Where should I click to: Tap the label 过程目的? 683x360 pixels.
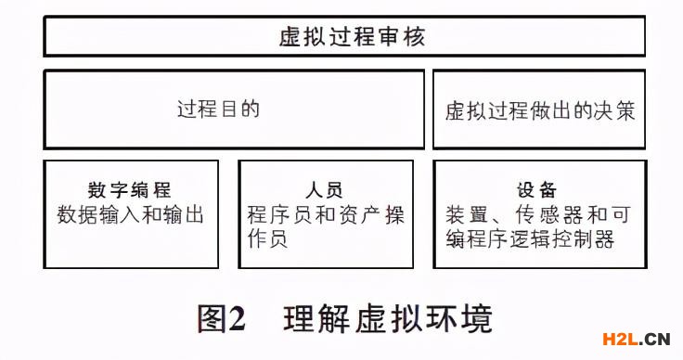219,109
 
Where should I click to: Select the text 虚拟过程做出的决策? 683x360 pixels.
540,110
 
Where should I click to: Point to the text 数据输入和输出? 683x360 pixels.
130,214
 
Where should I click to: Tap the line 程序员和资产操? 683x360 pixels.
326,215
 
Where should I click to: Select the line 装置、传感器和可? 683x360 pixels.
538,215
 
